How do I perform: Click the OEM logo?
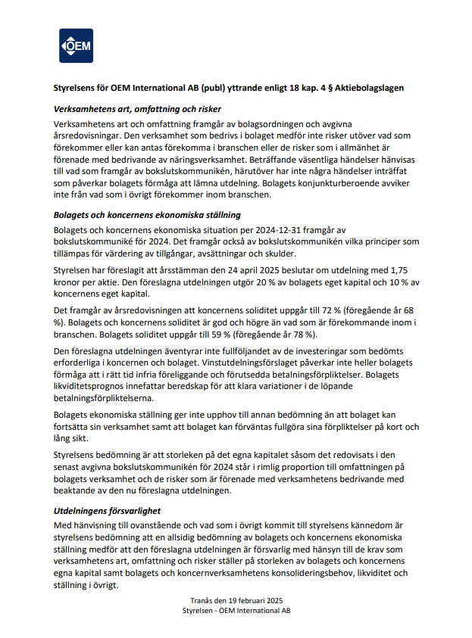pos(76,45)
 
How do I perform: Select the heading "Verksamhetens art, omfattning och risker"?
pos(136,109)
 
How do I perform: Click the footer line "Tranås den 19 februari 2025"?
pos(236,599)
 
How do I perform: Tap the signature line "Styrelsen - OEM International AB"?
pos(236,609)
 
